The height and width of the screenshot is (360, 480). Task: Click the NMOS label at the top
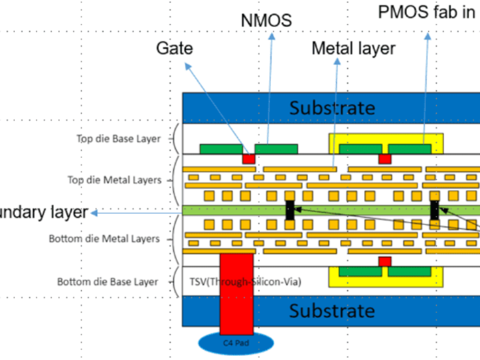266,20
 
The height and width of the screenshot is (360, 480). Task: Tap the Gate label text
175,48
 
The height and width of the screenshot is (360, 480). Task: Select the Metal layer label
353,48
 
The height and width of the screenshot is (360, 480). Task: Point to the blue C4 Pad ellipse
236,343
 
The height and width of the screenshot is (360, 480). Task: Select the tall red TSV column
236,294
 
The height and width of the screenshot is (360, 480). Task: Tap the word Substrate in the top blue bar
332,108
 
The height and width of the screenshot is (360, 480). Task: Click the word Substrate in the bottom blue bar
332,311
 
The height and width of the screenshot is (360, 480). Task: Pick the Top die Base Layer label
118,139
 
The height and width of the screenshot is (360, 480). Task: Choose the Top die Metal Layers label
115,179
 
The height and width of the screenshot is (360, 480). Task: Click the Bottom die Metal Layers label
104,239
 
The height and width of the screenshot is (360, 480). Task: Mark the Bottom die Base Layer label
107,281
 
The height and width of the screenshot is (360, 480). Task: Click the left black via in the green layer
290,210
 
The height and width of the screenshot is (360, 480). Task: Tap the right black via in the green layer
434,209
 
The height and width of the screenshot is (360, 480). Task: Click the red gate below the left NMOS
248,159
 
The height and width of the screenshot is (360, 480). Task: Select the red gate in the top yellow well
385,159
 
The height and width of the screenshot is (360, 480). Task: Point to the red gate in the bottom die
385,262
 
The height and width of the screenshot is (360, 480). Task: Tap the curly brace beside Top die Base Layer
175,139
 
